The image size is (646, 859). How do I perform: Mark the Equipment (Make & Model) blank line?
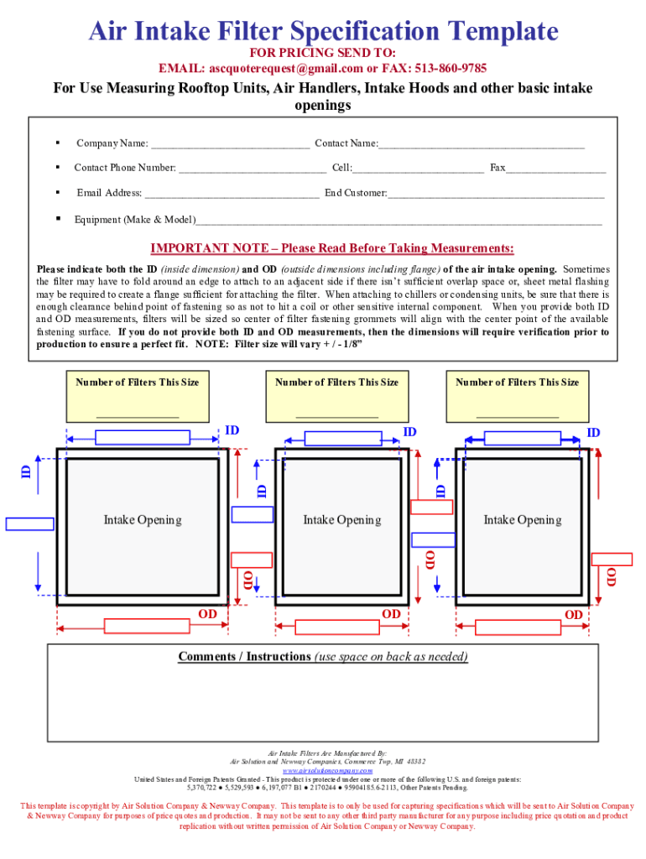pos(399,222)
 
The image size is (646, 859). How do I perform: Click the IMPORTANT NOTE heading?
pos(331,248)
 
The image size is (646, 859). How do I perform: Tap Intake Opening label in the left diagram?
pos(143,520)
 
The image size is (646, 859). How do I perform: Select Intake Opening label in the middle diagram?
pos(341,520)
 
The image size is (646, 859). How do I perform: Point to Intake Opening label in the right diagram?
pos(522,520)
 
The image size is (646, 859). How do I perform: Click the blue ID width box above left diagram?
pos(131,437)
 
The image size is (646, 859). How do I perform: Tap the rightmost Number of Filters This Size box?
pos(518,397)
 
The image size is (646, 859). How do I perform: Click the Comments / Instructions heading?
pos(323,656)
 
